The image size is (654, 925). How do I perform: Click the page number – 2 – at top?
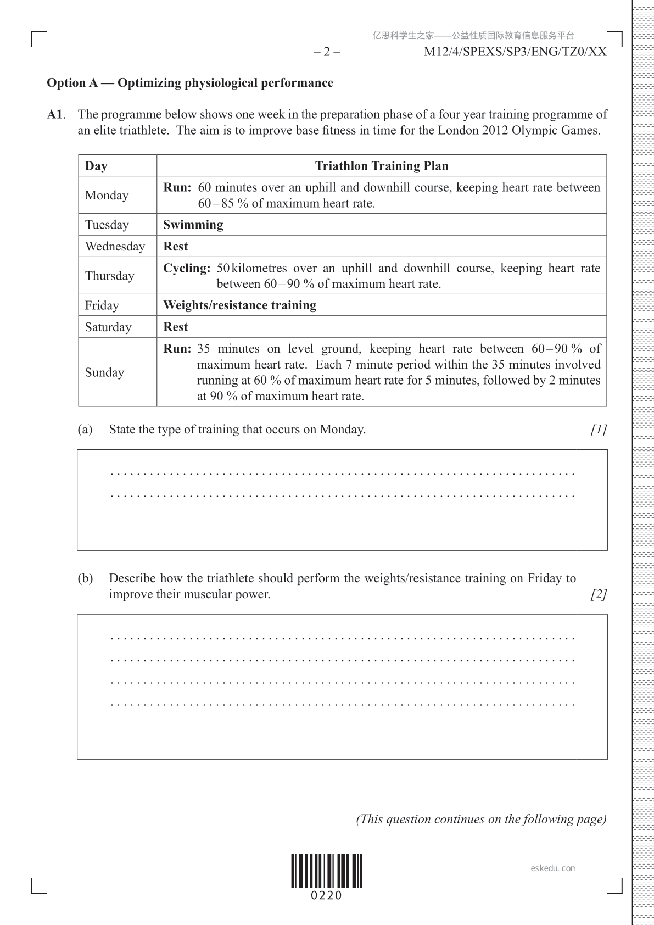click(327, 52)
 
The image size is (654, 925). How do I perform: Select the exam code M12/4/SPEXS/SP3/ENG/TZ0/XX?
click(516, 52)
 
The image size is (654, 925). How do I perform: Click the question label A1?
click(55, 115)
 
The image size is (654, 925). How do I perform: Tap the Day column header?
click(96, 166)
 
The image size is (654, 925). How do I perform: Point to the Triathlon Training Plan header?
click(382, 166)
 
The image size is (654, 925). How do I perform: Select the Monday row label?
click(107, 196)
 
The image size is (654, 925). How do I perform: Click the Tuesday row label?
click(107, 225)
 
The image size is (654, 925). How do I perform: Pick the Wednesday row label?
click(115, 247)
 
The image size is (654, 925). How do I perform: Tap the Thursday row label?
click(109, 276)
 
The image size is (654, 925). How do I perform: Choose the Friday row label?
click(102, 305)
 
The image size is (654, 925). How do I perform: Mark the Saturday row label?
click(108, 327)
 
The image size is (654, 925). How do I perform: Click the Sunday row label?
click(104, 372)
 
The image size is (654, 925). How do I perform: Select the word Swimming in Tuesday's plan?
click(193, 225)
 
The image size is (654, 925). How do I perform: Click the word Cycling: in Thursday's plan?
click(187, 269)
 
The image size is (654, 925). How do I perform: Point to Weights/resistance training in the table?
click(239, 305)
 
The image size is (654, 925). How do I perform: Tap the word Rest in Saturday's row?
click(176, 327)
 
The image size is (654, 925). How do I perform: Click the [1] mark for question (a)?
click(599, 430)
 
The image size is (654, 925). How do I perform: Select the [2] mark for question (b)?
click(599, 594)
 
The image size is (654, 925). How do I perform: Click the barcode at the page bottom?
click(327, 871)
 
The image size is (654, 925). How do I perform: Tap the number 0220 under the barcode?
click(327, 896)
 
